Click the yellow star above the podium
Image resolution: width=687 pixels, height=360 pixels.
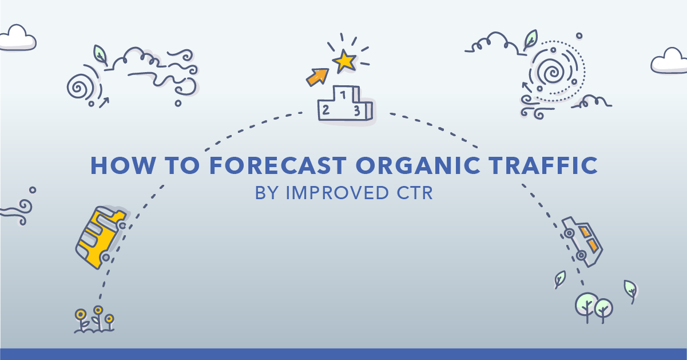point(345,61)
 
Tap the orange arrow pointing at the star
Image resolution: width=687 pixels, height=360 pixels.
point(317,77)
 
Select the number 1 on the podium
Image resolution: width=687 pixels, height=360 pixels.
point(343,95)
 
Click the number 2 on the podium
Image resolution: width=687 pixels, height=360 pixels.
point(326,110)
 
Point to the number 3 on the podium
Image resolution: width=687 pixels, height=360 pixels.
point(357,110)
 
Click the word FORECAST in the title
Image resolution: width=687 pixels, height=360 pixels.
point(278,166)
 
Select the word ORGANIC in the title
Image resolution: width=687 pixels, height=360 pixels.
point(418,166)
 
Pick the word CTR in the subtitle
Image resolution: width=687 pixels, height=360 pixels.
point(414,193)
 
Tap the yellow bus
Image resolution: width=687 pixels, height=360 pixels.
point(101,238)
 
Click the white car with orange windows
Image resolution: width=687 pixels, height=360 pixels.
point(582,242)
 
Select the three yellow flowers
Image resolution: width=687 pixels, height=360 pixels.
point(94,319)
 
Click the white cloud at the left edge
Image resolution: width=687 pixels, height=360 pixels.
point(18,38)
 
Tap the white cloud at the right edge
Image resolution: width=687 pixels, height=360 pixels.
point(669,61)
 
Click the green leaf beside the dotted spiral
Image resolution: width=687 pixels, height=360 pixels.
point(530,40)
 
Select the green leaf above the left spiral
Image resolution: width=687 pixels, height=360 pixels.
point(100,56)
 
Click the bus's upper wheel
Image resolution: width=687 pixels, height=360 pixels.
point(122,226)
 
